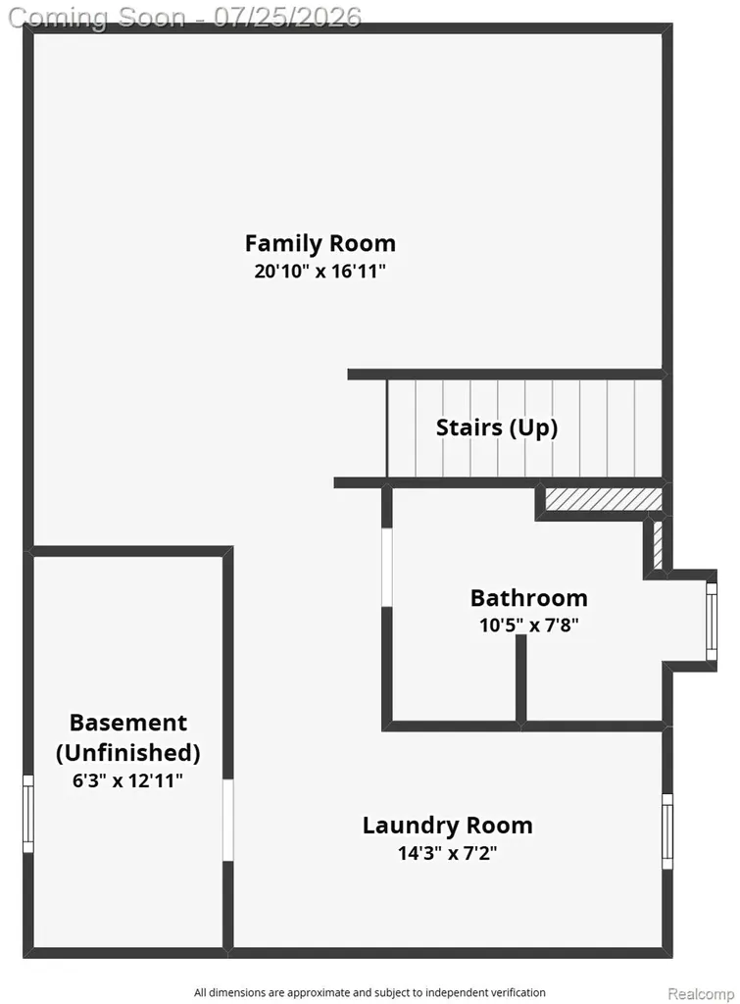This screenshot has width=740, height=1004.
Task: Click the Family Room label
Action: click(x=321, y=243)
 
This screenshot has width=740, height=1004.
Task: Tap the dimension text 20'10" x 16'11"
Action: click(x=321, y=271)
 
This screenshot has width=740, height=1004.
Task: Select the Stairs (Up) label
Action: click(x=497, y=427)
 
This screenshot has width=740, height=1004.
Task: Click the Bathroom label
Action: click(x=528, y=597)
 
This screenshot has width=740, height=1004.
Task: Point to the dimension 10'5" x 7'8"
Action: click(x=528, y=625)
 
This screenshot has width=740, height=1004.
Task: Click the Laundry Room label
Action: click(x=448, y=826)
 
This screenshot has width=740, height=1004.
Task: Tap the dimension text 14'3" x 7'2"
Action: click(x=448, y=853)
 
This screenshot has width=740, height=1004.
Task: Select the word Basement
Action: click(x=128, y=723)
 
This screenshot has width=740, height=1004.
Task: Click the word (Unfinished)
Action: click(x=128, y=752)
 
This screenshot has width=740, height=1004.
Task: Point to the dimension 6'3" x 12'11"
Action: click(x=128, y=780)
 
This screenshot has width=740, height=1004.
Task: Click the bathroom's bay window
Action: click(x=712, y=621)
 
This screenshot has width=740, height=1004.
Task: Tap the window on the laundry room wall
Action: click(x=667, y=831)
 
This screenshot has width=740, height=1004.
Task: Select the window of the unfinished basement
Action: click(x=28, y=814)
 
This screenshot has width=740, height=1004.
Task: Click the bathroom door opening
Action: click(x=386, y=568)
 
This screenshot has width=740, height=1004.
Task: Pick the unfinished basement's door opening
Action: click(x=228, y=820)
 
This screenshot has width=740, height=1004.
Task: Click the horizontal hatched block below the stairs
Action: click(x=603, y=499)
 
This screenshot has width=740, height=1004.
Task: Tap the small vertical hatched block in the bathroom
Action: click(x=658, y=544)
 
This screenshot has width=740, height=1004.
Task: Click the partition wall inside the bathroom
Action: click(x=521, y=678)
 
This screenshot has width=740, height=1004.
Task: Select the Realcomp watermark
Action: click(x=701, y=994)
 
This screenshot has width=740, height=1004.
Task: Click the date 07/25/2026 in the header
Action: click(x=287, y=18)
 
